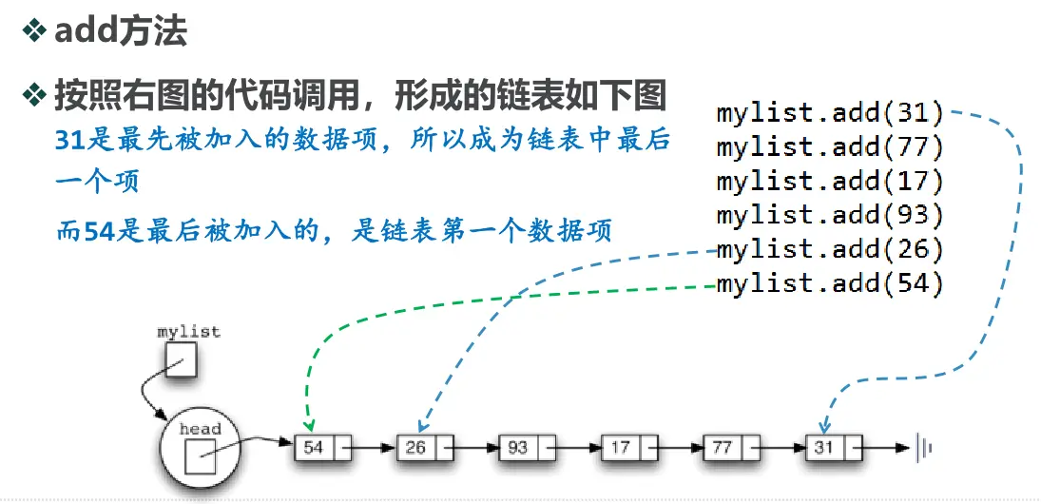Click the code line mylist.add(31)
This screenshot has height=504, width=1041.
coord(830,114)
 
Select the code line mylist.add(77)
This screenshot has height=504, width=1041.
coord(830,147)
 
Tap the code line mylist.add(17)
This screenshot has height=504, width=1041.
coord(830,182)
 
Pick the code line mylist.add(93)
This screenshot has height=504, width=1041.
coord(830,215)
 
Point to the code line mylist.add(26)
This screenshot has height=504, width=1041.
coord(830,249)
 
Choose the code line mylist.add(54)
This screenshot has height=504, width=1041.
coord(830,283)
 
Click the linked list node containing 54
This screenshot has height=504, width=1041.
coord(322,447)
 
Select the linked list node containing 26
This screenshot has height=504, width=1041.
coord(425,447)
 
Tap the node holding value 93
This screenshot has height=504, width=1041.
coord(527,447)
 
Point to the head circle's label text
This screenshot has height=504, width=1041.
coord(200,429)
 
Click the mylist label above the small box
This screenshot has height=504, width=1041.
coord(188,332)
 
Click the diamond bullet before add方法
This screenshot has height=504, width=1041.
coord(34,31)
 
